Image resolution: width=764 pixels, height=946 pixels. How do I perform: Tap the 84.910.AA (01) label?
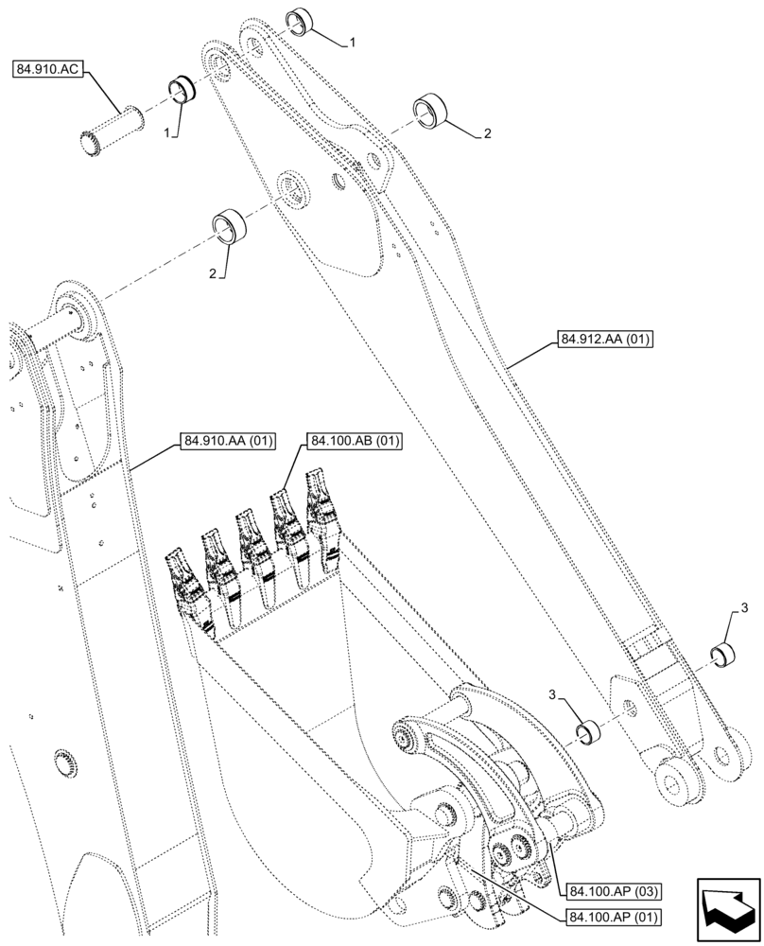tap(227, 441)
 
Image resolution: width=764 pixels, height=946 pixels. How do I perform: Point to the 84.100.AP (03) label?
tap(616, 891)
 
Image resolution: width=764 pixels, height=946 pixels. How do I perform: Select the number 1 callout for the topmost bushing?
tap(353, 43)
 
